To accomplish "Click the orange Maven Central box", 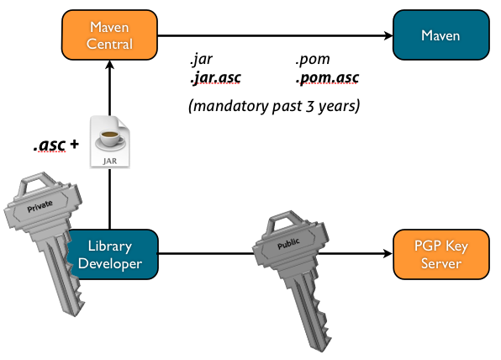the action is point(109,34).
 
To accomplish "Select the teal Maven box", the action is point(441,34).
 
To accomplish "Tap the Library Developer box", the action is point(112,255).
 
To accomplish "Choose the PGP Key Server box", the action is point(441,255).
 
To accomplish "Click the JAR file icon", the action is point(110,141).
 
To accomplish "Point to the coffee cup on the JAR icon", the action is point(110,140).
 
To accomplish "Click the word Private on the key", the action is point(40,206).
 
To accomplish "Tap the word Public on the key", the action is point(288,244).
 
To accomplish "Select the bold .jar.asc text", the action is point(215,77).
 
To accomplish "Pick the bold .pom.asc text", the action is point(327,77).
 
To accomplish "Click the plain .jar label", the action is point(201,60).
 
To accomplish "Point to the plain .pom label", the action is point(313,60).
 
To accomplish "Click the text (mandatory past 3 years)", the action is point(274,106).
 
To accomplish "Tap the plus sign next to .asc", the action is point(74,144).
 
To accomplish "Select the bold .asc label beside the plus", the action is point(50,146).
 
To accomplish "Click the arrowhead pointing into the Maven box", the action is point(388,35).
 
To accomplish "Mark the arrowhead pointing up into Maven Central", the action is point(109,65).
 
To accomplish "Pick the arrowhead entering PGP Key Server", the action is point(388,254).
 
